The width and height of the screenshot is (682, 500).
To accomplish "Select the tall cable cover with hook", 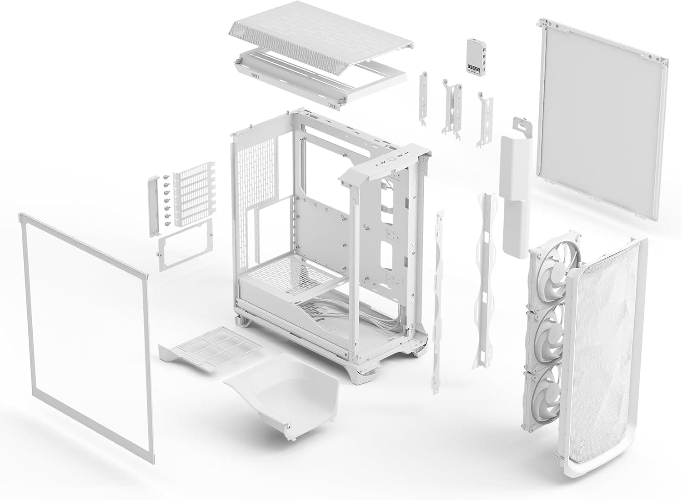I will [x=516, y=182].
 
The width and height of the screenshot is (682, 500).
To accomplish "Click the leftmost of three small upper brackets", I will [x=424, y=98].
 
